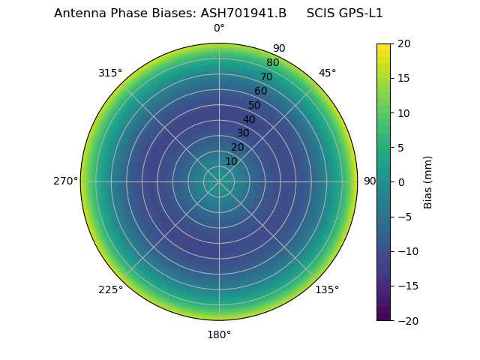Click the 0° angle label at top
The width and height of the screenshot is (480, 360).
(219, 28)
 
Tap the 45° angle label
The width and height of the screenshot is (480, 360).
(327, 73)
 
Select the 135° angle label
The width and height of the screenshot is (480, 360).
(327, 289)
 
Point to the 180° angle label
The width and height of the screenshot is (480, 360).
(219, 334)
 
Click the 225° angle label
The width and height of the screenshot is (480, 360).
(110, 289)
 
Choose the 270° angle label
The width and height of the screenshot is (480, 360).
(65, 181)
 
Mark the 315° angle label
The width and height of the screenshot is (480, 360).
(110, 73)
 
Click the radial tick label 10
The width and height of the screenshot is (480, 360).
(231, 161)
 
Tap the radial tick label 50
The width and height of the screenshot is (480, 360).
(254, 105)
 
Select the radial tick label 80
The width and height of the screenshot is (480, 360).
(272, 62)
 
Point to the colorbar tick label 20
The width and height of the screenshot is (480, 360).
(403, 43)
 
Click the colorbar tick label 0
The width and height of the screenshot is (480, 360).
(400, 181)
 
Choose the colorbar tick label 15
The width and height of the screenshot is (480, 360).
(403, 78)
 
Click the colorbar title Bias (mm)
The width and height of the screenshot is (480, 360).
(428, 181)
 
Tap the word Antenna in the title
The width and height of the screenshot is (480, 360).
(77, 13)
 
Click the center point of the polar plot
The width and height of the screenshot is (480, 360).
(219, 181)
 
